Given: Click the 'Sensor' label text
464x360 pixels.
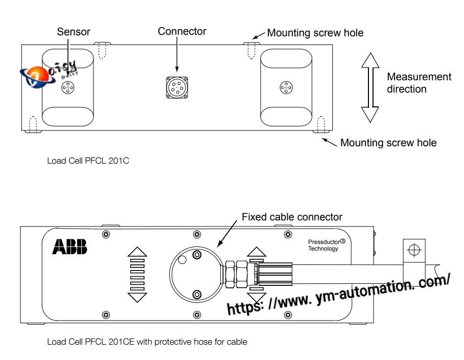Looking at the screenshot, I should point(74,32).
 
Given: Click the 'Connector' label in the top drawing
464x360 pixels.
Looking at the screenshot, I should point(182,31).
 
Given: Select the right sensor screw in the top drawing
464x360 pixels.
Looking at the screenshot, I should point(286,87).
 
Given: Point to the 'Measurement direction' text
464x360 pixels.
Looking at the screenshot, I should point(419,83).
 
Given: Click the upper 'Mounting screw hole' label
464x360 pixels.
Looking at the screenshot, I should point(315,33).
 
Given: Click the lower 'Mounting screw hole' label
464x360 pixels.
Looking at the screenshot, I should point(388,143).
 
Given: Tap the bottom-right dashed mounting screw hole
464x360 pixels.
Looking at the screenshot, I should point(321,124).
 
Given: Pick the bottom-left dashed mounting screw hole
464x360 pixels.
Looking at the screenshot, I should point(33,124).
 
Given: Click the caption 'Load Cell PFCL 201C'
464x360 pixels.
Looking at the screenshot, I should point(88,161).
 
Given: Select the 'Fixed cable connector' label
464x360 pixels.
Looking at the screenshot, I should point(292,217).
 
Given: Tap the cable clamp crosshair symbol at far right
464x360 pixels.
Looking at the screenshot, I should point(414,251).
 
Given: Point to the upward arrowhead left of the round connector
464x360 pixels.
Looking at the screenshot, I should point(137,252).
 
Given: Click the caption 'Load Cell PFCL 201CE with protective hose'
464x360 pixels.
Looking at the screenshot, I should point(147,341).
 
